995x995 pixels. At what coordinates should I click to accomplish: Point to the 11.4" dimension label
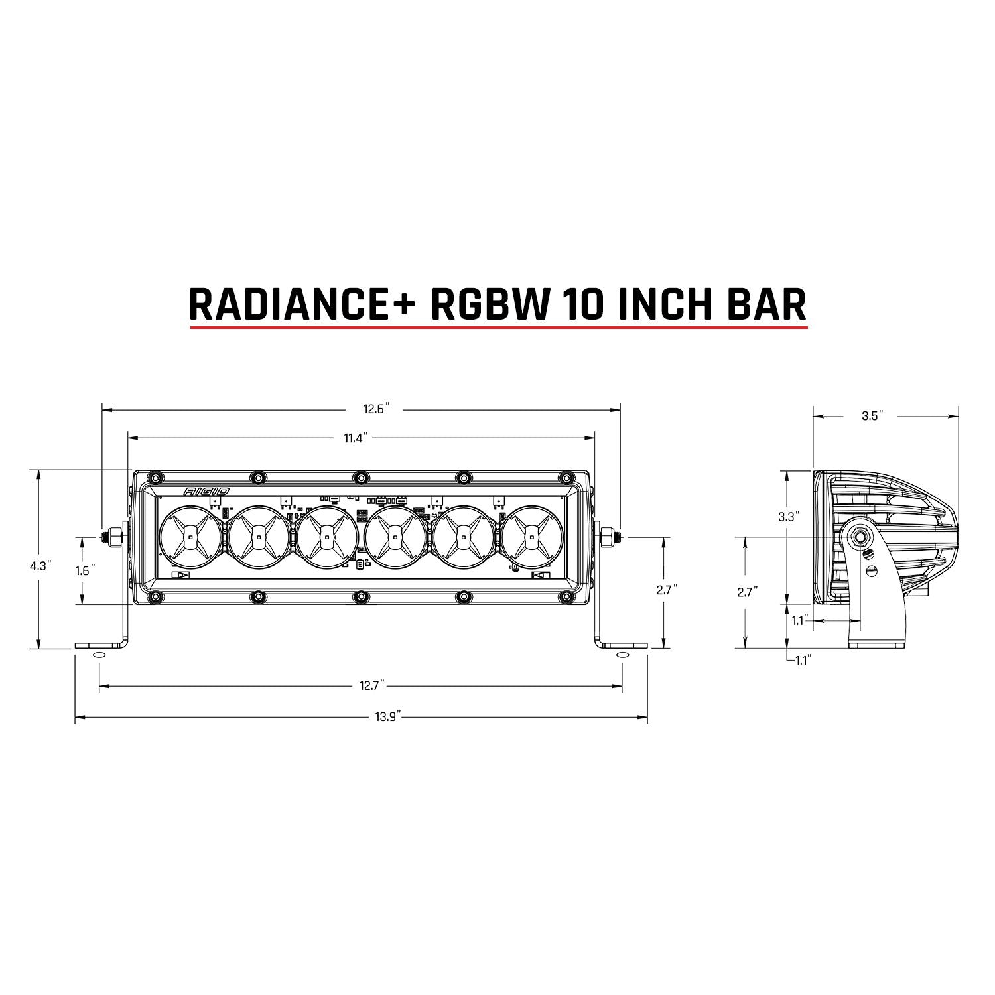tap(355, 437)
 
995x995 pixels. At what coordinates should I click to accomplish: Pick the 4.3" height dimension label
tap(40, 566)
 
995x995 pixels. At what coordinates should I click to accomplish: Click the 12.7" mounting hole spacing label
tap(373, 685)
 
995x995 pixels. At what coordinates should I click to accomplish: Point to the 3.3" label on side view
tap(787, 517)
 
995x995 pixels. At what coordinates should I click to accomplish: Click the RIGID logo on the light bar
tap(207, 491)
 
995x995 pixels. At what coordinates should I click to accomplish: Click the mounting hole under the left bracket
tap(98, 655)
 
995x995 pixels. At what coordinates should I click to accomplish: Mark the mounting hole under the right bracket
tap(622, 655)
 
